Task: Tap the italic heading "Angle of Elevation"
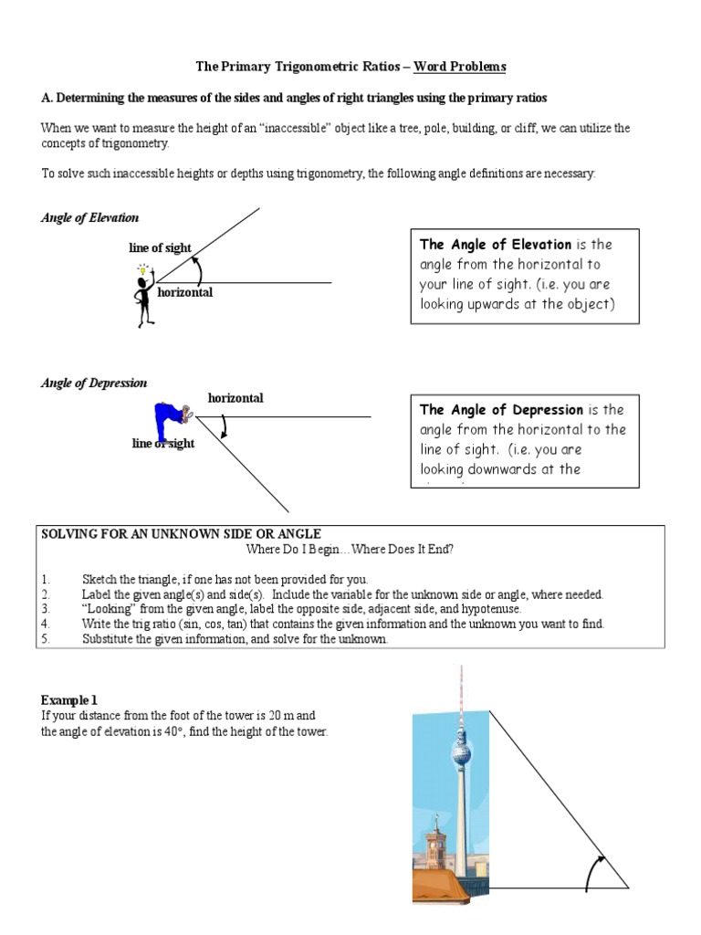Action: (x=89, y=218)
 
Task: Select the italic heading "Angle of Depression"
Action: (x=94, y=383)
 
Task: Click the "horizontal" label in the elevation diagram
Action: (x=185, y=293)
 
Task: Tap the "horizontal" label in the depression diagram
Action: (x=235, y=398)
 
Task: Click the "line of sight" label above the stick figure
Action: (x=160, y=248)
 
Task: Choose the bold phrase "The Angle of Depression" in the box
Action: (x=500, y=410)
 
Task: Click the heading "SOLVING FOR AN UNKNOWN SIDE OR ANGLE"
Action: (x=182, y=533)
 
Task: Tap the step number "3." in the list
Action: (x=46, y=608)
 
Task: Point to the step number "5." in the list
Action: (x=46, y=639)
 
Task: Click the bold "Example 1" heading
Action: (x=69, y=699)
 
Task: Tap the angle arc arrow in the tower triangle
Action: (x=591, y=871)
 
